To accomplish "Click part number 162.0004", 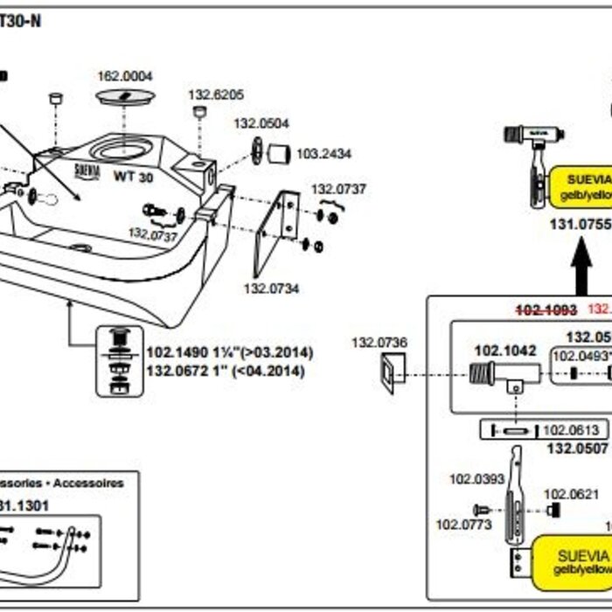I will [x=124, y=76].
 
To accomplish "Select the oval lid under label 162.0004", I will [x=124, y=96].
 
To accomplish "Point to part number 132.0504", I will [x=261, y=124].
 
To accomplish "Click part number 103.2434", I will [x=323, y=154].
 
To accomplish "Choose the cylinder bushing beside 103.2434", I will [x=279, y=154].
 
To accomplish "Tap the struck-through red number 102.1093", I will [x=546, y=309].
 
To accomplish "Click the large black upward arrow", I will [x=579, y=267].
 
